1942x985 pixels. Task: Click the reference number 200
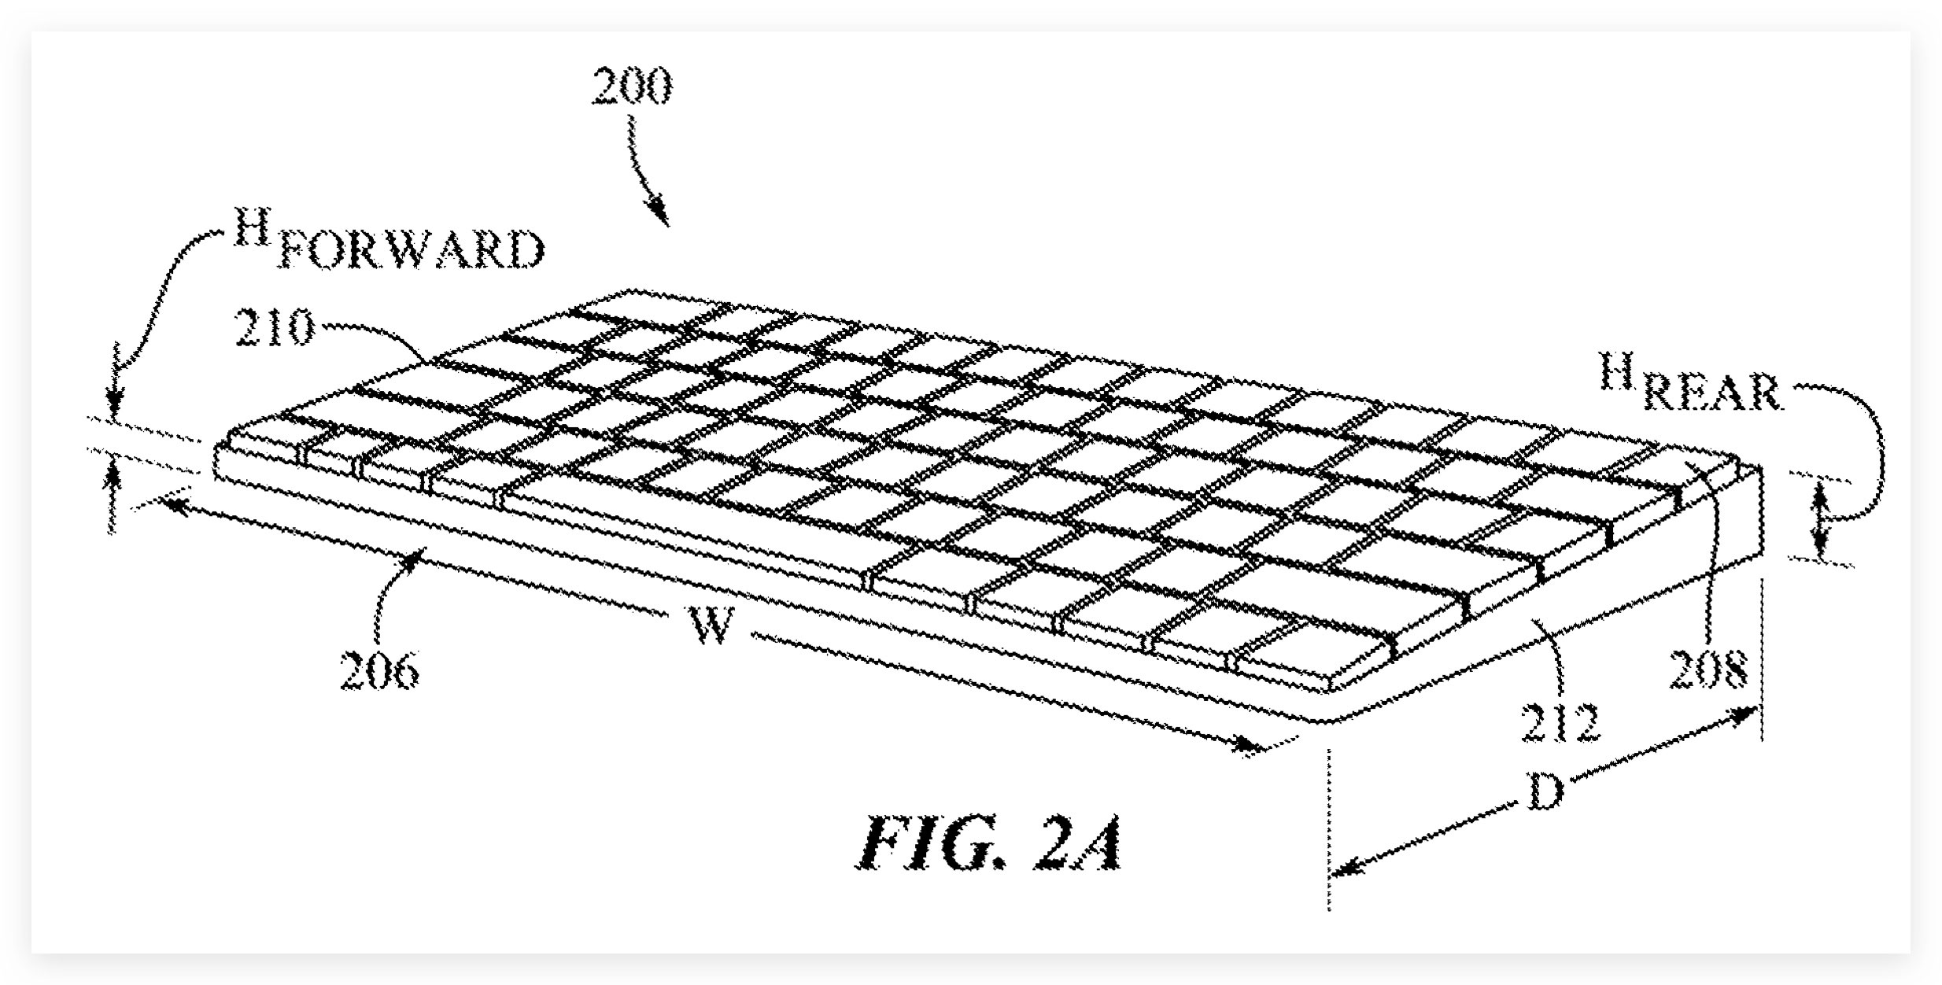(x=632, y=86)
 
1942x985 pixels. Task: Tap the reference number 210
(x=275, y=327)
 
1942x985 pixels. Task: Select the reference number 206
(x=379, y=672)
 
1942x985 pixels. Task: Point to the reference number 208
(x=1708, y=670)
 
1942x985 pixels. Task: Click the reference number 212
(x=1560, y=723)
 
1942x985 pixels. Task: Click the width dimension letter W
(x=712, y=626)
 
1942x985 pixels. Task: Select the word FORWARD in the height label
(x=410, y=249)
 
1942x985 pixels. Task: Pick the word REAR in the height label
(x=1712, y=393)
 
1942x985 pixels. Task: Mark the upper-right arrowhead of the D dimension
(x=1742, y=714)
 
